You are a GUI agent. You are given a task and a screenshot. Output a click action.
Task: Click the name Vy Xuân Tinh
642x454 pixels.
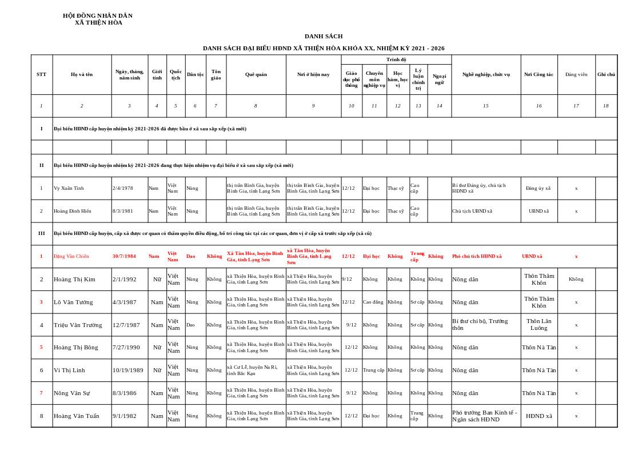(x=69, y=188)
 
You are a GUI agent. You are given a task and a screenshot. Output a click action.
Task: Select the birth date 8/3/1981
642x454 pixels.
(x=122, y=211)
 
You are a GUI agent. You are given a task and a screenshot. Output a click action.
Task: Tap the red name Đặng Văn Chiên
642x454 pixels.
(x=71, y=256)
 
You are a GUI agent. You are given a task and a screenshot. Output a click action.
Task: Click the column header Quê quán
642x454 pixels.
(x=256, y=74)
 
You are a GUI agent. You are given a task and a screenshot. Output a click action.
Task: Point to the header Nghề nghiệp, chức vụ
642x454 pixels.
(x=485, y=74)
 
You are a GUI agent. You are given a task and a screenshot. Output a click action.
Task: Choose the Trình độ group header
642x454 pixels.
(x=396, y=59)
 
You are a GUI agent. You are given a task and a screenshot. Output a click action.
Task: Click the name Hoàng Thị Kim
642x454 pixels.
(x=74, y=279)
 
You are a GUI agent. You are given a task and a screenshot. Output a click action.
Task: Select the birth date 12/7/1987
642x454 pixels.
(x=126, y=325)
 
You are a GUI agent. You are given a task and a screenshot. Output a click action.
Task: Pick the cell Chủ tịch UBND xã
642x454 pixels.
(x=472, y=211)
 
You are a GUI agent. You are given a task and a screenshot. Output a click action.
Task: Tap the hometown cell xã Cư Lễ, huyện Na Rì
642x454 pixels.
(x=252, y=370)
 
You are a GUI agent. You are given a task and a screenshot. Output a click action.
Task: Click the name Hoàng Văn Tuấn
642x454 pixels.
(x=77, y=416)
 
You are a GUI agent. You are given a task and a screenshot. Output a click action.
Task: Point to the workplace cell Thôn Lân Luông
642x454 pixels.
(x=539, y=325)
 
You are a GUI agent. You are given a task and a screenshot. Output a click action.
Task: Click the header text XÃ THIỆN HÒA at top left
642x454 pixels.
(x=98, y=23)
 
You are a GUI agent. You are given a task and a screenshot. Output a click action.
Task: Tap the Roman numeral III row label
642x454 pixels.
(x=41, y=233)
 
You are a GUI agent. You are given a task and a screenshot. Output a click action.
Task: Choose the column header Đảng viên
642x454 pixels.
(x=576, y=74)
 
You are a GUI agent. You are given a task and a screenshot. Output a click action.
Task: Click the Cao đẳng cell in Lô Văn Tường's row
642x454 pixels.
(x=373, y=302)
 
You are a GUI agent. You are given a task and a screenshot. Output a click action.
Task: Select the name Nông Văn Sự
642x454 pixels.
(x=71, y=393)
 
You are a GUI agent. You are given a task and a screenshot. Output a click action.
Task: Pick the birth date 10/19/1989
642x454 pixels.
(x=127, y=370)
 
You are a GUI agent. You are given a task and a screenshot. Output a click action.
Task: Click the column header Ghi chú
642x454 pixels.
(x=606, y=74)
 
